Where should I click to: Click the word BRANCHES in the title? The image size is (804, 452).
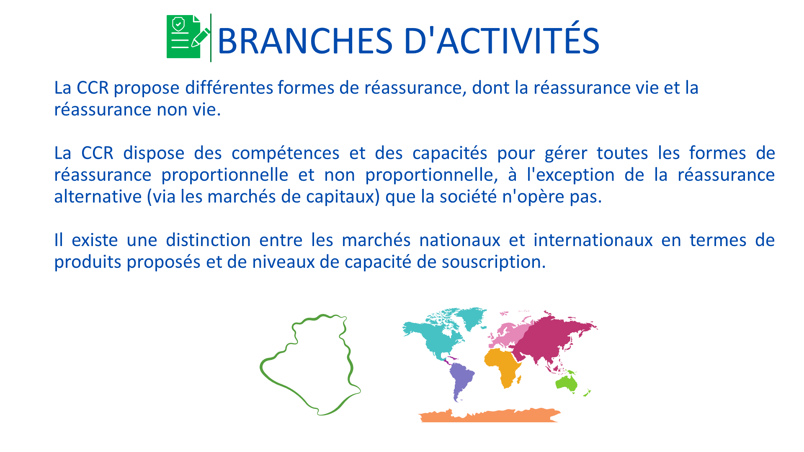click(x=305, y=41)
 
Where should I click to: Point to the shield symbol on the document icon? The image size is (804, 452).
click(x=178, y=24)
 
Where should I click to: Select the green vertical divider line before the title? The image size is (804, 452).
click(x=211, y=38)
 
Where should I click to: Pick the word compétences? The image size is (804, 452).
click(x=285, y=153)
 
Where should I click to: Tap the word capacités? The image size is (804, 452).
click(x=450, y=153)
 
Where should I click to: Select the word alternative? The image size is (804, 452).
click(x=98, y=196)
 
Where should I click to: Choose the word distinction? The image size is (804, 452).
click(x=208, y=240)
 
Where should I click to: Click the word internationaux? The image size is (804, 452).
click(x=593, y=240)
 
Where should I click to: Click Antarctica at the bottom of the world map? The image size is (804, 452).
click(x=490, y=416)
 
